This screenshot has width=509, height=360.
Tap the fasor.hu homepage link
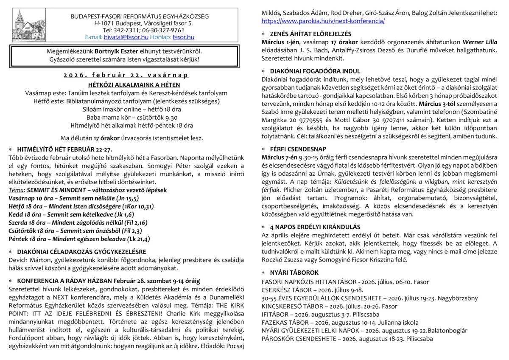click(183, 37)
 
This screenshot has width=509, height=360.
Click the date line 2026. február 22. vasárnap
click(126, 75)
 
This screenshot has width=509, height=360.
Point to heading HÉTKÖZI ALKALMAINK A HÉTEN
click(126, 84)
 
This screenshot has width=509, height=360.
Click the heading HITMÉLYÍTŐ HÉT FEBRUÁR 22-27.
click(64, 149)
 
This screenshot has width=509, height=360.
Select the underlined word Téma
click(16, 190)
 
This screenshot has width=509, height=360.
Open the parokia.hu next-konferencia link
click(323, 21)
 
